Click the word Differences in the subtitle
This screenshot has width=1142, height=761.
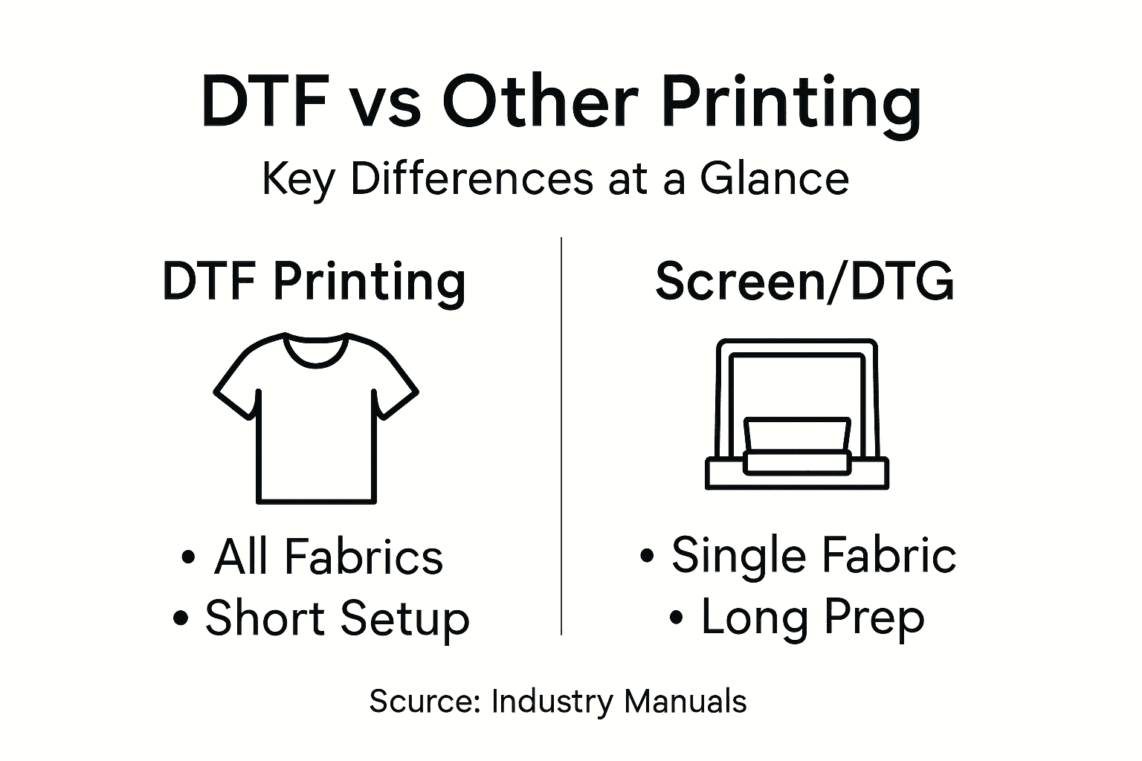pyautogui.click(x=471, y=179)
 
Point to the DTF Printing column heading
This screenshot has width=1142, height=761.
pyautogui.click(x=314, y=282)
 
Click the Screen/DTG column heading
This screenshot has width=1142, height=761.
pyautogui.click(x=804, y=282)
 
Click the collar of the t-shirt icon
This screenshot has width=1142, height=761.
pyautogui.click(x=316, y=349)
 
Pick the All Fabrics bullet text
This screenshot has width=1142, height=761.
pyautogui.click(x=329, y=557)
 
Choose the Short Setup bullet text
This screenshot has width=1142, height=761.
pyautogui.click(x=337, y=618)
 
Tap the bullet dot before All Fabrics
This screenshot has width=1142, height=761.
pyautogui.click(x=189, y=557)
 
